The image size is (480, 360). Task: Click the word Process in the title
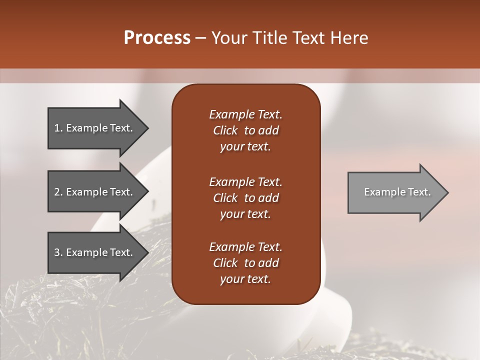click(157, 38)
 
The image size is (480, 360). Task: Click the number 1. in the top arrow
click(58, 128)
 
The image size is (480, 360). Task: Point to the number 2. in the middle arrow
click(58, 192)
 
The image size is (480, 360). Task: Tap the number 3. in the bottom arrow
click(58, 252)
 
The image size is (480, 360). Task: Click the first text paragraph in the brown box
click(245, 130)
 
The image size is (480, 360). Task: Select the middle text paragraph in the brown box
click(245, 197)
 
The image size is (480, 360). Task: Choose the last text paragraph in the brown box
click(245, 263)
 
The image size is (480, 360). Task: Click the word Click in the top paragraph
click(225, 130)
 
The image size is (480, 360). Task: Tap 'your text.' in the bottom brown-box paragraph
click(245, 279)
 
